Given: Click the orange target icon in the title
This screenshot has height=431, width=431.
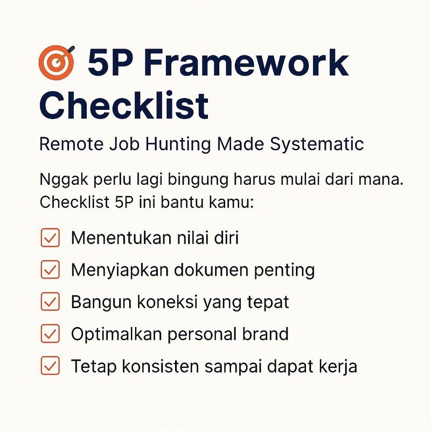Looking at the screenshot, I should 57,62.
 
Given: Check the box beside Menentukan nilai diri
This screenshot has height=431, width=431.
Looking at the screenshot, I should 50,238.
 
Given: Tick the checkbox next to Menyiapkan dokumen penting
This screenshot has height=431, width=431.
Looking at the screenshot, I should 50,270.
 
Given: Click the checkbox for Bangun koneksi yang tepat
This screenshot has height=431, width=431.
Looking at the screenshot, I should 50,302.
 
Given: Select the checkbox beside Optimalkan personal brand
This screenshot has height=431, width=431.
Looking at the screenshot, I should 50,334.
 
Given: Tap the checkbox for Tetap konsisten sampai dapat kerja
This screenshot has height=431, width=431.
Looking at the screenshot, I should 50,366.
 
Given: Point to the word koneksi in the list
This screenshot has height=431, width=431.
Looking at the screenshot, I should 166,302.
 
